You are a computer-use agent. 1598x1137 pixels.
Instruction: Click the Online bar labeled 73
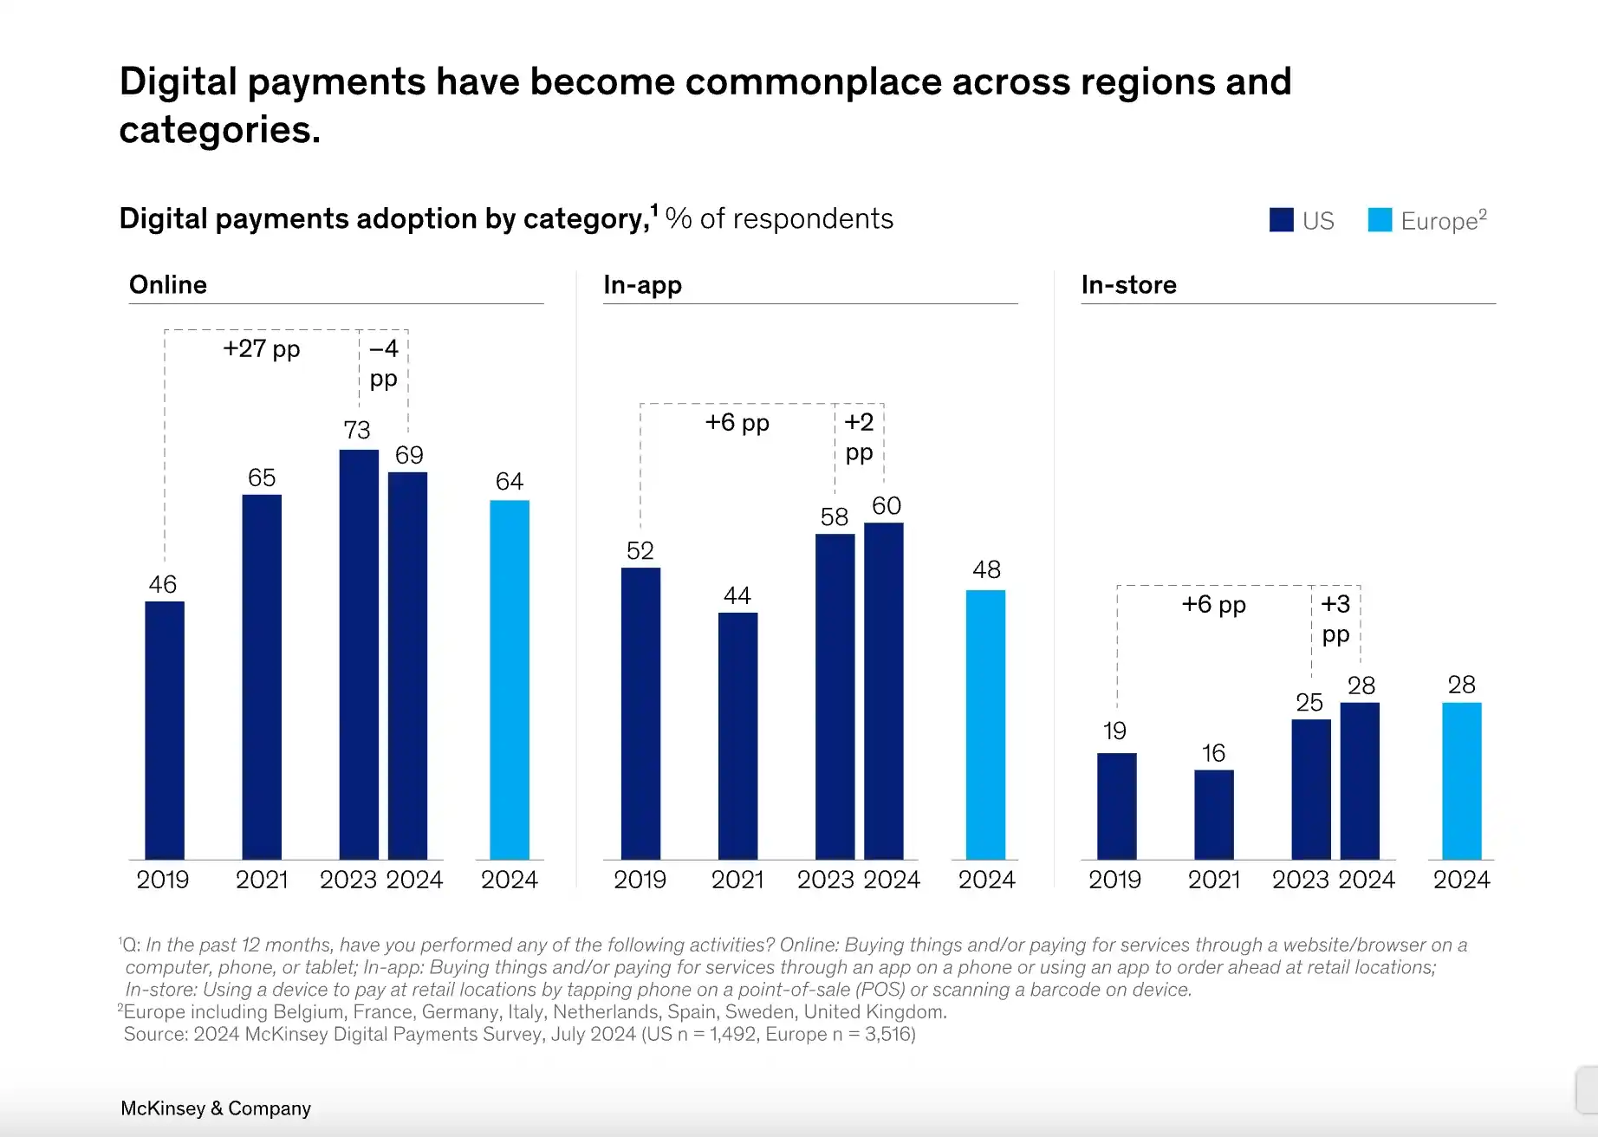[359, 654]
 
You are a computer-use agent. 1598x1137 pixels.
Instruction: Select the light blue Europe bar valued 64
[510, 679]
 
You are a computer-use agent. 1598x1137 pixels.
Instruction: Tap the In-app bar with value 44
[737, 736]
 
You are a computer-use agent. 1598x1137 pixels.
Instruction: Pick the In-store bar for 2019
[1116, 806]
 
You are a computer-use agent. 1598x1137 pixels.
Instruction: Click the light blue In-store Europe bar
[1461, 781]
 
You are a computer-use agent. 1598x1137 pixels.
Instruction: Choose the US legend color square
[1281, 220]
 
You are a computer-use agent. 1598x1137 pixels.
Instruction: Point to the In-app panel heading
[642, 285]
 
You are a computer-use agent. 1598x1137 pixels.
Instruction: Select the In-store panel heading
[1128, 285]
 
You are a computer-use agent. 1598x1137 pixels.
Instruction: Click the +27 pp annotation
[261, 348]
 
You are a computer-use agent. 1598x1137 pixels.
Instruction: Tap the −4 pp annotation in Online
[383, 363]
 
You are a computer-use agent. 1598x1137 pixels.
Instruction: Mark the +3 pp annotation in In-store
[1335, 619]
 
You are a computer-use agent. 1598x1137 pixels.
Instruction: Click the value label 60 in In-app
[886, 506]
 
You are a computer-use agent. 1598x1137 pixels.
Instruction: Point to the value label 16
[1213, 753]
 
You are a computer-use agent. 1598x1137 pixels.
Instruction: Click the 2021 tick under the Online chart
[262, 880]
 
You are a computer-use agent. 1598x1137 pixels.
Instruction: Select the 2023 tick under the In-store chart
[1300, 880]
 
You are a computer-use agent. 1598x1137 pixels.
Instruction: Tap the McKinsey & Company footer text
[216, 1108]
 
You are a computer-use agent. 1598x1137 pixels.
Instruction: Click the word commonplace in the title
[813, 82]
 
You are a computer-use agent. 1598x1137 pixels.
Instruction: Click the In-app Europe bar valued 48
[985, 724]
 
